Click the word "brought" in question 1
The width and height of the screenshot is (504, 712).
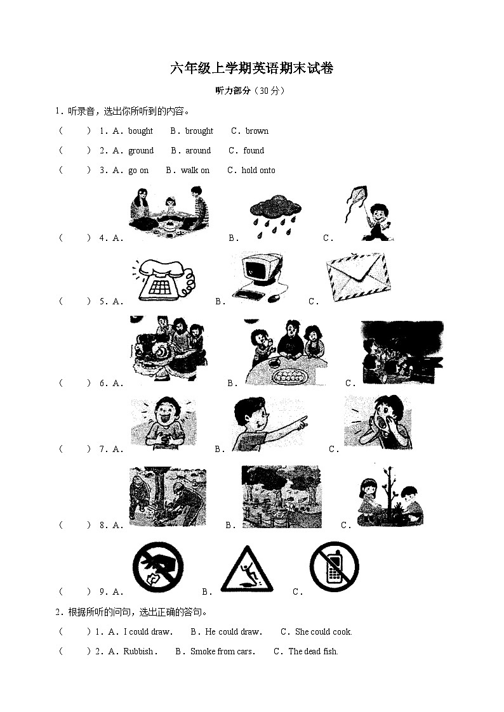[199, 131]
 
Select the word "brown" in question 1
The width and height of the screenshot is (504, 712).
[257, 131]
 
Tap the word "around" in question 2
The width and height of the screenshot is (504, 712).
[198, 150]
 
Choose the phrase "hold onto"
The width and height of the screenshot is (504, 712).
[258, 171]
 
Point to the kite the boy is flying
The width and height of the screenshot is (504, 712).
[356, 200]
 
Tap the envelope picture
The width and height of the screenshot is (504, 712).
[358, 276]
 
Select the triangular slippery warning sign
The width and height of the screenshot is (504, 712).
[247, 569]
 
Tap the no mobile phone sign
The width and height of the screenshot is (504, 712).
[335, 567]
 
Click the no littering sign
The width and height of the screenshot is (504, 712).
[158, 567]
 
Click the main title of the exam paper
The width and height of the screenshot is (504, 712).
[252, 68]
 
